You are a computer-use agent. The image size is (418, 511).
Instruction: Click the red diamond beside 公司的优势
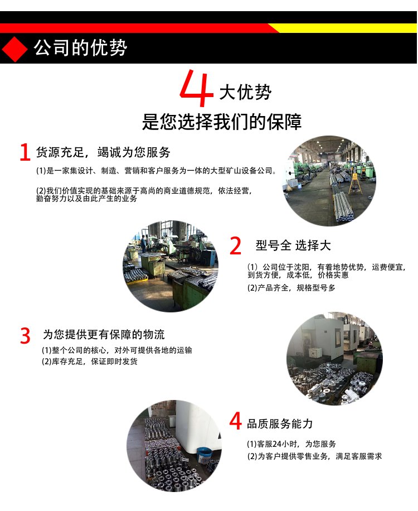pos(14,49)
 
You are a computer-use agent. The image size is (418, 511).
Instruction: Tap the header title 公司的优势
pos(80,48)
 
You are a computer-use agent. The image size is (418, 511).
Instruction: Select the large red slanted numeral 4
pos(196,88)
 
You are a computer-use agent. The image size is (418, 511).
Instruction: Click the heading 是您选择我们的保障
pos(222,122)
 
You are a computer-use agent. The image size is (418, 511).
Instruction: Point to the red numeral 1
pos(25,152)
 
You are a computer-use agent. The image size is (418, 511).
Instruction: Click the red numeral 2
pos(235,245)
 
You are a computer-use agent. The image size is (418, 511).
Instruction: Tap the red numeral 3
pos(26,336)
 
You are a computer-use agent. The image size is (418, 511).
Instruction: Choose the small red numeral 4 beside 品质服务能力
pos(235,421)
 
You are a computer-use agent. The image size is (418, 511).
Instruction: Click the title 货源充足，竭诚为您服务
pos(103,152)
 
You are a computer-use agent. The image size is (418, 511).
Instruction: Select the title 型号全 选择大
pos(293,245)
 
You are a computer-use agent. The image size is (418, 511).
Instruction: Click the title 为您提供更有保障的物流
pos(104,334)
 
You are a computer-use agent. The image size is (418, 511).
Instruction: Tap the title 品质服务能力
pos(280,423)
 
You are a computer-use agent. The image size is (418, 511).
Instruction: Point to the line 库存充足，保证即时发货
pos(94,361)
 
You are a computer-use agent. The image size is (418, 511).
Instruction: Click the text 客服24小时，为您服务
pos(297,444)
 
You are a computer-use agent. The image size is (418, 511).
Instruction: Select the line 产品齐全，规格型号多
pos(297,288)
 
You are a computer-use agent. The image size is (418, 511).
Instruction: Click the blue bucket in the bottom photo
pos(205,455)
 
